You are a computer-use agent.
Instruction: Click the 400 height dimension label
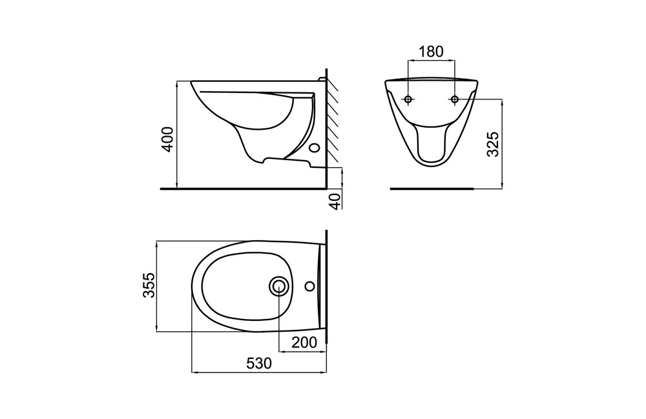pyautogui.click(x=168, y=139)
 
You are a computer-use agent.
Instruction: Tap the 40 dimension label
pyautogui.click(x=337, y=201)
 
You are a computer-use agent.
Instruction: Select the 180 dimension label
pyautogui.click(x=431, y=52)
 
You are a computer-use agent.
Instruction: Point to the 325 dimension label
pyautogui.click(x=493, y=144)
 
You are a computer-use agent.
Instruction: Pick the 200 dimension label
pyautogui.click(x=304, y=342)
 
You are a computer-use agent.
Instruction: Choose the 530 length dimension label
pyautogui.click(x=259, y=363)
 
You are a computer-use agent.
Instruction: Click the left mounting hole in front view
pyautogui.click(x=408, y=99)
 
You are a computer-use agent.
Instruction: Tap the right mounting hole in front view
pyautogui.click(x=455, y=99)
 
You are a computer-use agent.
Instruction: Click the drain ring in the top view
pyautogui.click(x=279, y=285)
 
